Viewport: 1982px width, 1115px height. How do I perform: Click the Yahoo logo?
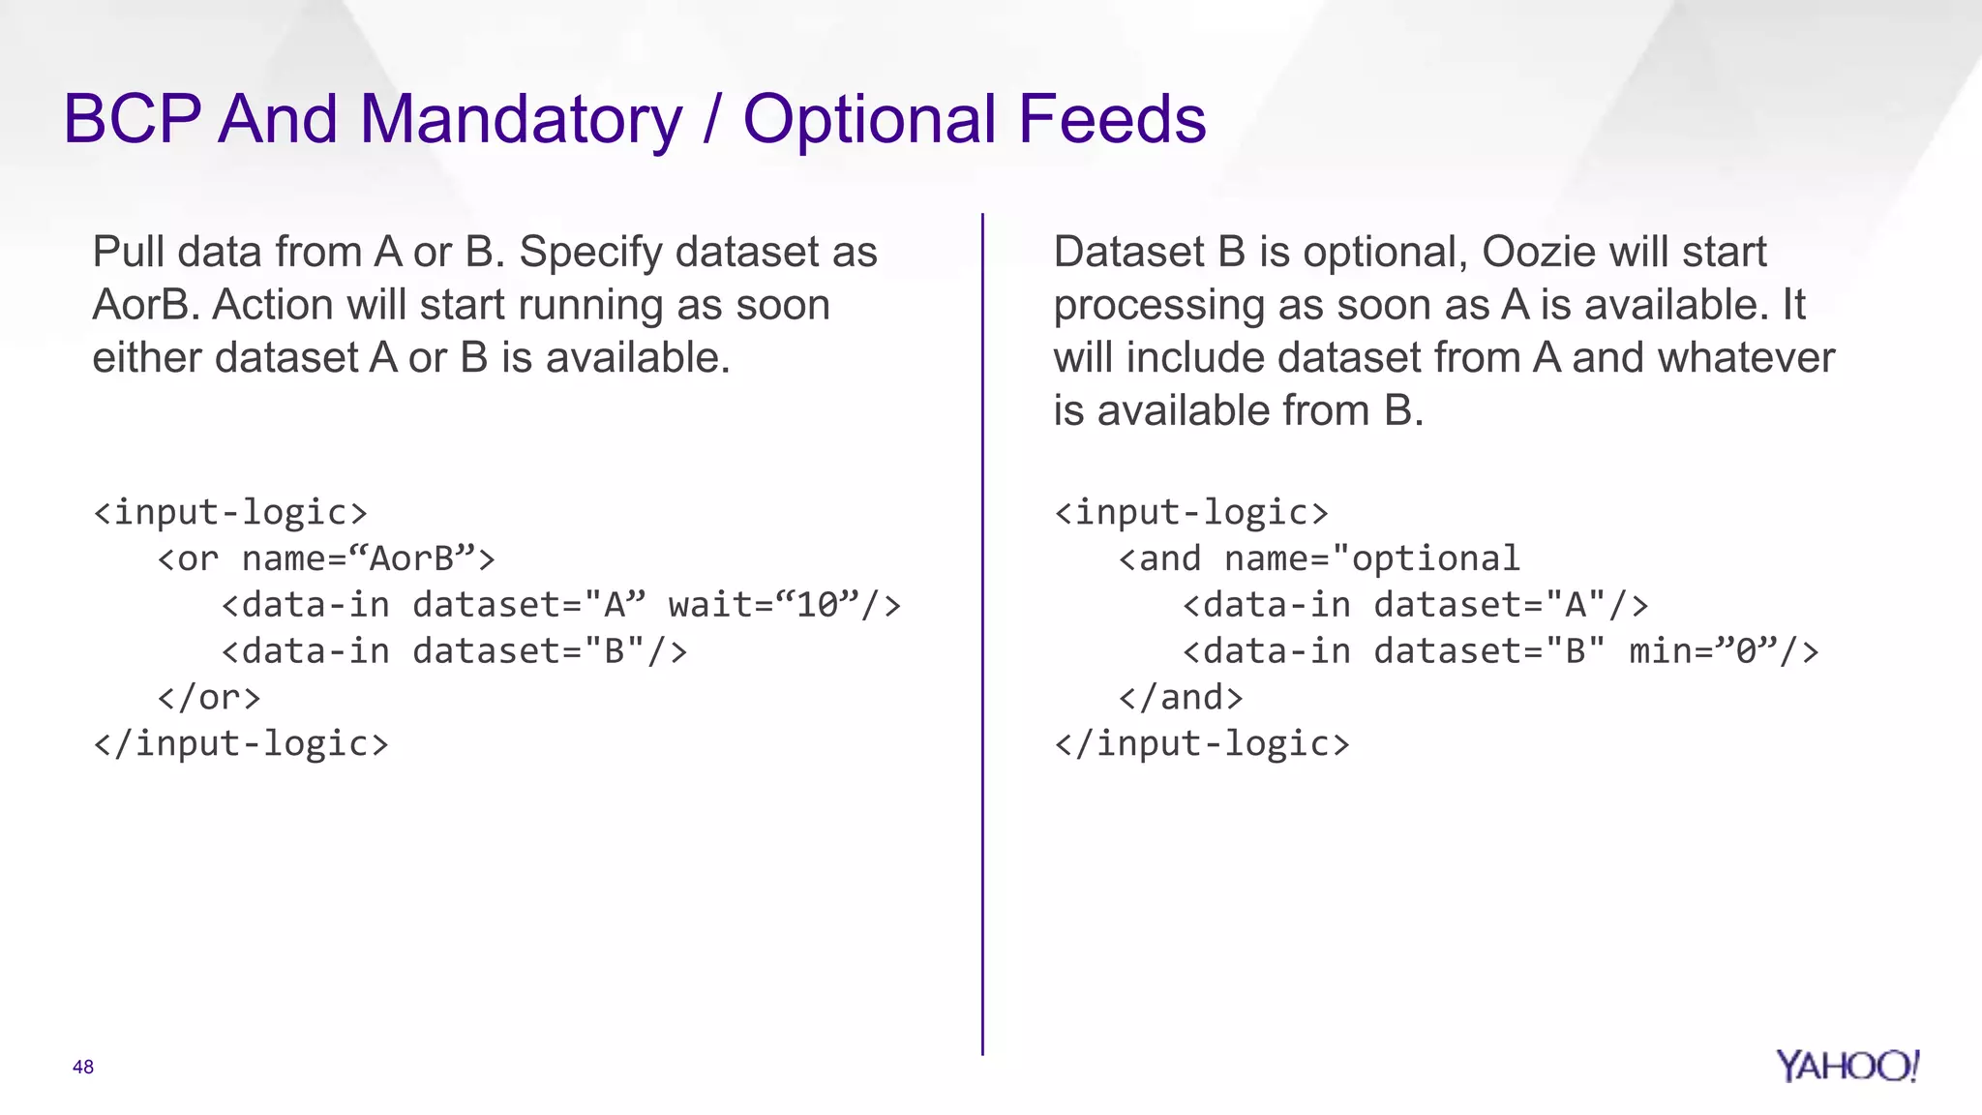(1847, 1067)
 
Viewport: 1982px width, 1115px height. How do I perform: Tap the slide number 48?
(83, 1067)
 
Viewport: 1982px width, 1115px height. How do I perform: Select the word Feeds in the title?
(1112, 120)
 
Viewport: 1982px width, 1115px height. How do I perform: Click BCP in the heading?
(132, 120)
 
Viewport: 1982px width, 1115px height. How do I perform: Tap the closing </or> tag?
(209, 698)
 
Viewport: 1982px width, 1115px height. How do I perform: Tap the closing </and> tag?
(1181, 698)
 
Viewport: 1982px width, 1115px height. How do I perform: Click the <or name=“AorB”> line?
(326, 559)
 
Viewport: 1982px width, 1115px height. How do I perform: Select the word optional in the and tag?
(1435, 559)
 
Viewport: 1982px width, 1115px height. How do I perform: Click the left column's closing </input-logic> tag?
(241, 744)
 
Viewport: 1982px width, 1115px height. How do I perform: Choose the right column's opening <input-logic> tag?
(1191, 513)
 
